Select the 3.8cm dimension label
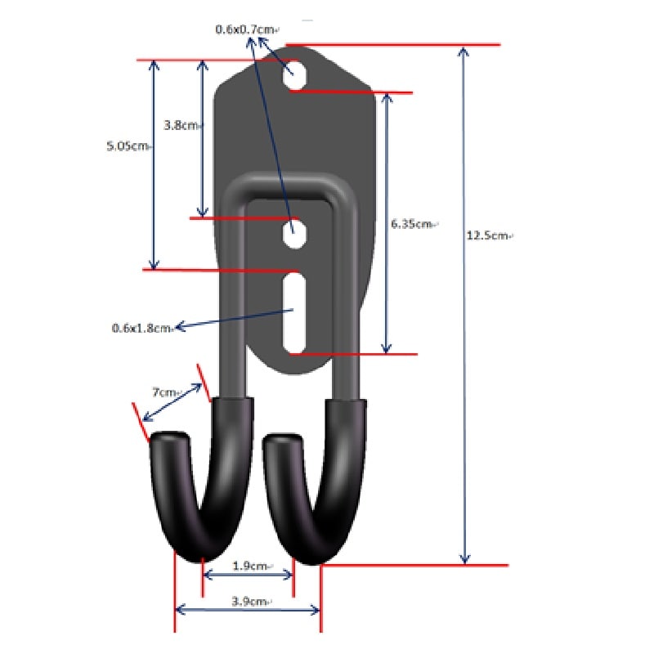(181, 125)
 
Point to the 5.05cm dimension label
(128, 146)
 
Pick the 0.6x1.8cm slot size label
(141, 329)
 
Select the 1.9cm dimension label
(250, 566)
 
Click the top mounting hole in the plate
(294, 75)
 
